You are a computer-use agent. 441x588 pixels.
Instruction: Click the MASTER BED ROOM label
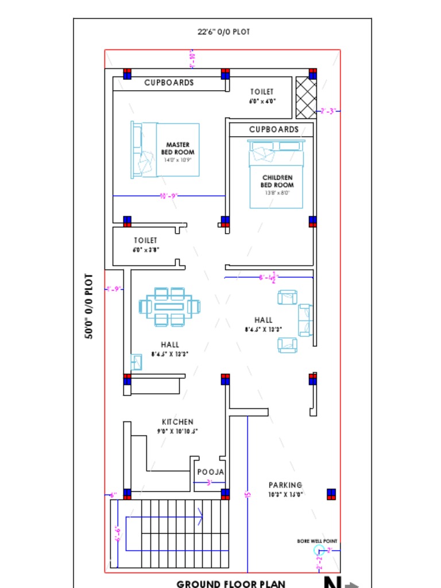177,149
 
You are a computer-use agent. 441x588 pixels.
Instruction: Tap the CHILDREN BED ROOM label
277,181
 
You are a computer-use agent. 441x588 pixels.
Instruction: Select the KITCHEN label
177,422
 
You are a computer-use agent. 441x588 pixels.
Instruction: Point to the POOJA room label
211,472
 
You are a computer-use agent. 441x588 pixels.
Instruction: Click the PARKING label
285,486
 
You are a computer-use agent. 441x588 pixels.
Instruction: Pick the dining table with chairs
169,307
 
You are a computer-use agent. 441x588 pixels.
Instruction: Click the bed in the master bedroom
165,149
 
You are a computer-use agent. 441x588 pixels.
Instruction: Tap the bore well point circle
319,551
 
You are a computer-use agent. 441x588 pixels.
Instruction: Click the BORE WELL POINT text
317,541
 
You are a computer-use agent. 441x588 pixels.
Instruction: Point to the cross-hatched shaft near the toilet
305,98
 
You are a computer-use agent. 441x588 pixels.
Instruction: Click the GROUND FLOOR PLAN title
231,584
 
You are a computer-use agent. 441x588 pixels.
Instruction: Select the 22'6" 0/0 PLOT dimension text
223,32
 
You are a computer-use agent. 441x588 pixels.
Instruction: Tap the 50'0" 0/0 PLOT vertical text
90,306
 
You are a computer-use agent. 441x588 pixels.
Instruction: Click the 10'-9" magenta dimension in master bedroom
169,196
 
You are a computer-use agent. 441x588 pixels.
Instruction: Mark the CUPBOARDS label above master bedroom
169,83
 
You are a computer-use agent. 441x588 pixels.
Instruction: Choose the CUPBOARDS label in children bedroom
274,130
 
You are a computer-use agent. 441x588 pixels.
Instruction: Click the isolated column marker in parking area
331,494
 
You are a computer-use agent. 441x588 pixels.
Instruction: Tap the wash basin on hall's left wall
137,362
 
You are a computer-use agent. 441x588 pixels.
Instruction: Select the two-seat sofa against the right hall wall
304,320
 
